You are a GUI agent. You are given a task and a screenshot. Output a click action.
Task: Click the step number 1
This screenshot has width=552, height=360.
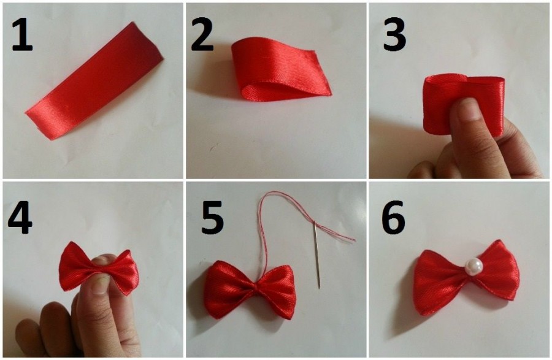tap(23, 34)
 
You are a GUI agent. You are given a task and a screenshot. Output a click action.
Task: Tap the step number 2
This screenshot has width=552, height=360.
tap(202, 34)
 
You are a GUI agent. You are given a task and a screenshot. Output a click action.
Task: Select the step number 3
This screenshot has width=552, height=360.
tap(394, 34)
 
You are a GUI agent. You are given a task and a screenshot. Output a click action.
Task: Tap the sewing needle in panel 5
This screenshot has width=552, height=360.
tap(317, 253)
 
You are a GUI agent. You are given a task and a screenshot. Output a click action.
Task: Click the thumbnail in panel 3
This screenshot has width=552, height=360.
tap(470, 109)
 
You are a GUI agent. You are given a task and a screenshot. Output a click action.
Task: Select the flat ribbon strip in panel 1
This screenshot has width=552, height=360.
tap(94, 81)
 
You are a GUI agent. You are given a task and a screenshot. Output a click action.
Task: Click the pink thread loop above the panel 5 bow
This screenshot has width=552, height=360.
tap(267, 225)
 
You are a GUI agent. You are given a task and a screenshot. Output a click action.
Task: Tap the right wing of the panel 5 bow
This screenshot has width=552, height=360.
tap(277, 290)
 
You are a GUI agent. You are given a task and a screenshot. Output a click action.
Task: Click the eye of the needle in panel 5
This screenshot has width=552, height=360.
tap(315, 223)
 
